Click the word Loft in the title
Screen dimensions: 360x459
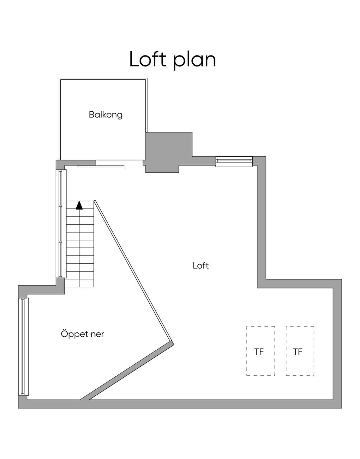click(x=148, y=59)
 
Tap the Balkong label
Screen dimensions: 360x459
click(x=105, y=115)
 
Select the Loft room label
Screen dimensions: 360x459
click(x=201, y=265)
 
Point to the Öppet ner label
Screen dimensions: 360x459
click(x=82, y=334)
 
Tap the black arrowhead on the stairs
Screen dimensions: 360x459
click(x=79, y=205)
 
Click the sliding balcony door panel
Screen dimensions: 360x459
click(x=101, y=166)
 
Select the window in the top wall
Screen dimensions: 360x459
click(x=234, y=162)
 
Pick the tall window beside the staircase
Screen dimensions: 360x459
click(x=61, y=224)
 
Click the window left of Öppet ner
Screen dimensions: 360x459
click(x=24, y=347)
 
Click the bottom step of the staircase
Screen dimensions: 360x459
click(x=79, y=283)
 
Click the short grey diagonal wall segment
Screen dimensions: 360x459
click(x=127, y=372)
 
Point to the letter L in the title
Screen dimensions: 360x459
click(x=134, y=59)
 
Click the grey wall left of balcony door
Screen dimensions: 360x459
click(x=76, y=162)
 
